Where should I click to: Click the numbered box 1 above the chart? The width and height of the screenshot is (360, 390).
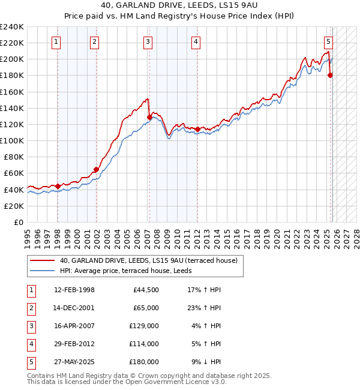click(x=56, y=41)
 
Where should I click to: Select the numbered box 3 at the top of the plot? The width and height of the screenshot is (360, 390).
click(x=148, y=41)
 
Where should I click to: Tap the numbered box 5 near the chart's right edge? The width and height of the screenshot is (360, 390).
click(x=329, y=41)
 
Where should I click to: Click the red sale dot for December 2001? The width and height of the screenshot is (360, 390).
click(x=96, y=169)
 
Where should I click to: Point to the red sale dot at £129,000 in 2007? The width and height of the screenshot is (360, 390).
click(x=149, y=118)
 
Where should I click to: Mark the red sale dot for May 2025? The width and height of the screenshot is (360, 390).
click(x=330, y=76)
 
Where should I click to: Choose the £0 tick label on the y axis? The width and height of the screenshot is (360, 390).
click(x=17, y=222)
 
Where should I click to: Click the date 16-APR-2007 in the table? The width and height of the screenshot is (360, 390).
click(x=74, y=326)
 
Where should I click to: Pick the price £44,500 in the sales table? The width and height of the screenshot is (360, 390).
click(x=145, y=290)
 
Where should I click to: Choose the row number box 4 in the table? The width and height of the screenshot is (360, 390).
click(x=30, y=344)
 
